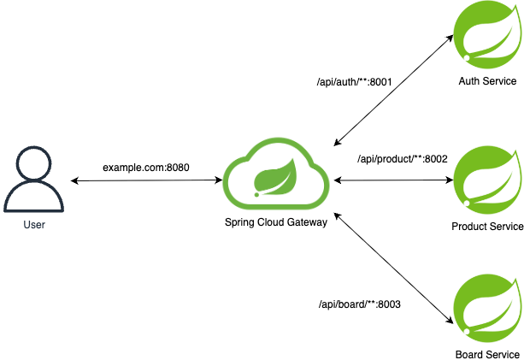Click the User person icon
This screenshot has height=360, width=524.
pyautogui.click(x=33, y=180)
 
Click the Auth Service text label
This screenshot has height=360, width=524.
pyautogui.click(x=487, y=81)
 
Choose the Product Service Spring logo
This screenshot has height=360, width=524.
pyautogui.click(x=486, y=180)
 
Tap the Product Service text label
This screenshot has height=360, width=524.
pyautogui.click(x=487, y=227)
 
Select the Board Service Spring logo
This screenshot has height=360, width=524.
pyautogui.click(x=486, y=307)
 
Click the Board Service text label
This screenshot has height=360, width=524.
pyautogui.click(x=487, y=354)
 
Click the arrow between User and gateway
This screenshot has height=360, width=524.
pyautogui.click(x=145, y=180)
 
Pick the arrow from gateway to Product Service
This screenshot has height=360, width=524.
pyautogui.click(x=393, y=180)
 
